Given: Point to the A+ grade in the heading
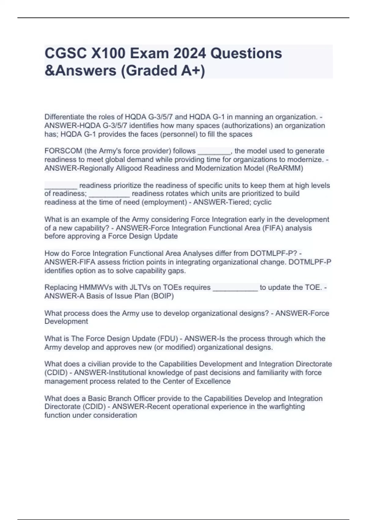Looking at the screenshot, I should coord(192,71).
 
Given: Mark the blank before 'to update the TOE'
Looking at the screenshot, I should coord(235,288).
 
